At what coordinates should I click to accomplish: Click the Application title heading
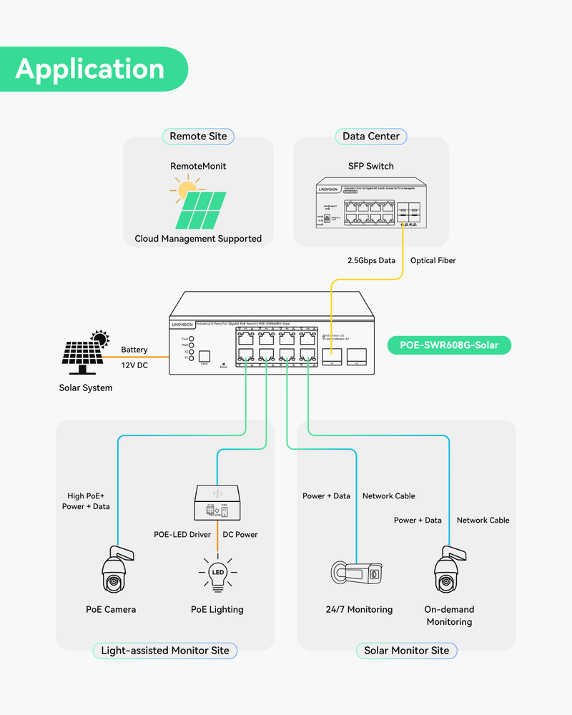(x=90, y=69)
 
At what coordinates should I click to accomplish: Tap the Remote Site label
(x=198, y=136)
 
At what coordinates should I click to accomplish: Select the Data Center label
(x=370, y=136)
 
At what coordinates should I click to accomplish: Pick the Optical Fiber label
(x=433, y=260)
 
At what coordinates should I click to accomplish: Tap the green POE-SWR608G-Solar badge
(x=450, y=345)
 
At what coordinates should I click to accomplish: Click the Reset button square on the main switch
(x=204, y=355)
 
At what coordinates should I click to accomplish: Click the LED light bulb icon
(x=217, y=574)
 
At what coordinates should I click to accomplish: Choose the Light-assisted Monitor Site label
(x=164, y=650)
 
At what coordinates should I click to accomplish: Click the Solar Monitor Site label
(x=406, y=650)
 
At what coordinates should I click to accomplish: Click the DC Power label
(x=240, y=534)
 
